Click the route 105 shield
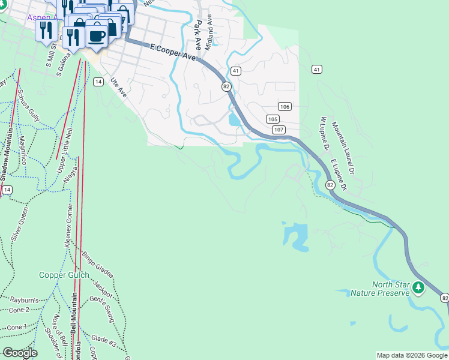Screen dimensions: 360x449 click(x=272, y=119)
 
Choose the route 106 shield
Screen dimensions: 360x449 click(x=285, y=107)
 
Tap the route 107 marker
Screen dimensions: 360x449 click(x=277, y=130)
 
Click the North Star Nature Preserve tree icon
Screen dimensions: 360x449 click(x=419, y=288)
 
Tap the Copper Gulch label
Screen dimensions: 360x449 click(x=64, y=275)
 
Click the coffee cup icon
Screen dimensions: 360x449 click(x=97, y=35)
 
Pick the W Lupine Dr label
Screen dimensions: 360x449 click(x=327, y=133)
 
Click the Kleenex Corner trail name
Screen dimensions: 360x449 click(x=68, y=226)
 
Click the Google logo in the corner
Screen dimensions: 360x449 click(x=20, y=353)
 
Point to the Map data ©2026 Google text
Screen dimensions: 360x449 click(x=411, y=355)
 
